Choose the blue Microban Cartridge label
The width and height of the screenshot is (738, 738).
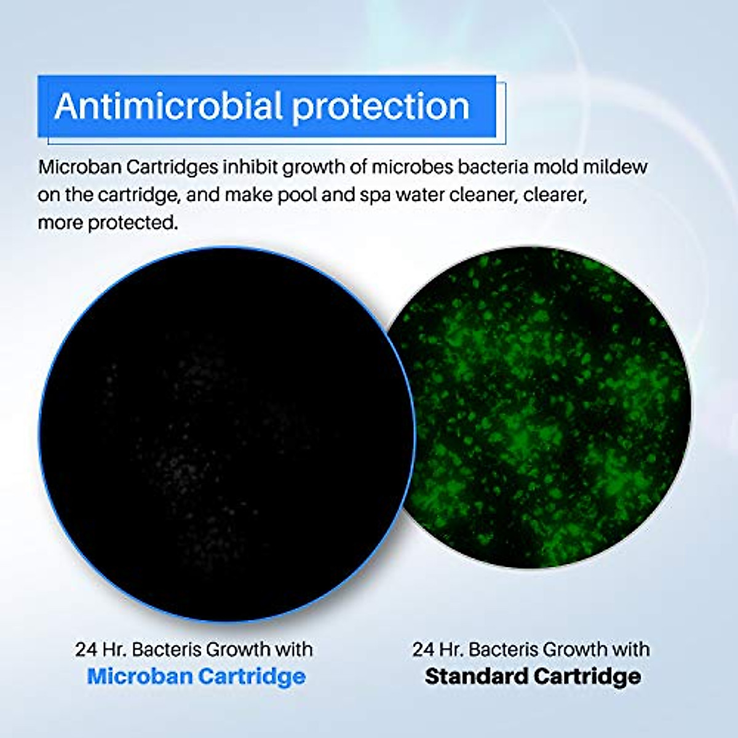[196, 676]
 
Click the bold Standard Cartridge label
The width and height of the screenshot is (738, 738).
[533, 676]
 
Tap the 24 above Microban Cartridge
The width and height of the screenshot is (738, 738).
[87, 649]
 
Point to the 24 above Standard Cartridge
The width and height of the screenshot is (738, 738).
[424, 649]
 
